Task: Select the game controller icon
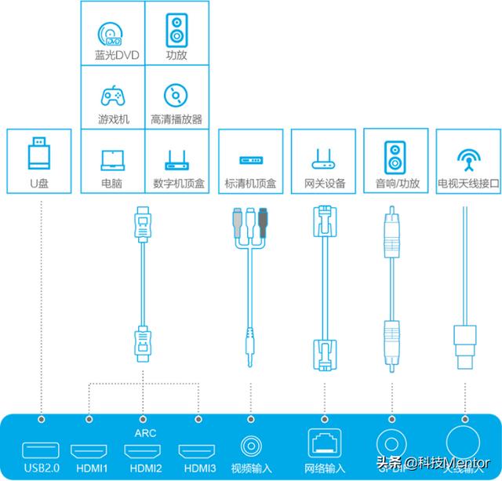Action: pyautogui.click(x=112, y=96)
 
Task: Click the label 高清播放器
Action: pyautogui.click(x=176, y=120)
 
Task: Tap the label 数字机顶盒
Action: pyautogui.click(x=176, y=184)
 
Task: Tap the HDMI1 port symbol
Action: pyautogui.click(x=90, y=451)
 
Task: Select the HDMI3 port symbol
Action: pyautogui.click(x=197, y=451)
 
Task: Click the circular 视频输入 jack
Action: pyautogui.click(x=251, y=448)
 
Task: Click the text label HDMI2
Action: pyautogui.click(x=144, y=468)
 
